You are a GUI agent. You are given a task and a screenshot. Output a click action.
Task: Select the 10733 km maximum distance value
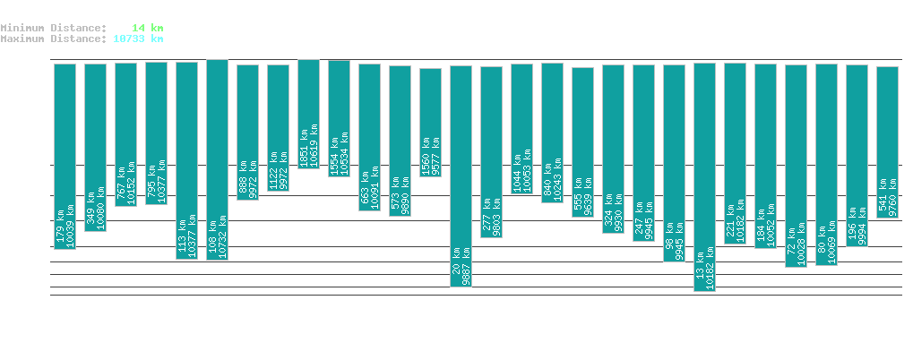[138, 39]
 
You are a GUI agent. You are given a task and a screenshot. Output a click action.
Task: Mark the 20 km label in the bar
[456, 272]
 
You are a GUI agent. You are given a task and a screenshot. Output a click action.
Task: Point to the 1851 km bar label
[304, 147]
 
